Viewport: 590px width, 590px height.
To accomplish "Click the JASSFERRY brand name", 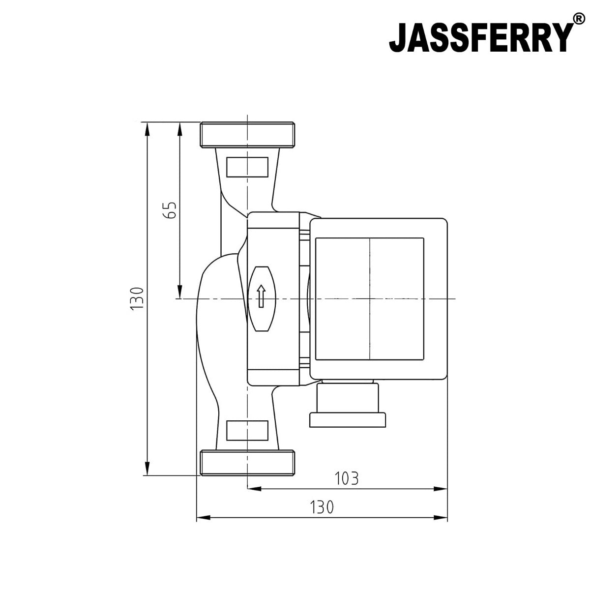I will point(481,37).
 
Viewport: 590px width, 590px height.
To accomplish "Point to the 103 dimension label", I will point(347,478).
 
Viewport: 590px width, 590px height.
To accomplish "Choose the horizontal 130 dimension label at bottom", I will point(322,507).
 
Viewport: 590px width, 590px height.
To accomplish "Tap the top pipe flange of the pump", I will point(247,135).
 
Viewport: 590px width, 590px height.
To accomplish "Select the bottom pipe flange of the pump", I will point(247,462).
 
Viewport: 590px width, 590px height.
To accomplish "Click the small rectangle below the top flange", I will point(247,167).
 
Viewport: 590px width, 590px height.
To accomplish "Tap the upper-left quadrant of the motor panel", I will point(342,268).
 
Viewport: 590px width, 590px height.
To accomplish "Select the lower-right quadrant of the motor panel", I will point(396,328).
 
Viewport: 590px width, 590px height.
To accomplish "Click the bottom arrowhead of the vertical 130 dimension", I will point(146,470).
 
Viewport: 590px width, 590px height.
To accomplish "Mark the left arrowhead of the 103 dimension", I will point(252,489).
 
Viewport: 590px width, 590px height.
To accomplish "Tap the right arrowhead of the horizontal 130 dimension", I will point(442,518).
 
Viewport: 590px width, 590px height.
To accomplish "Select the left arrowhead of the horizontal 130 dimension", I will point(202,518).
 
